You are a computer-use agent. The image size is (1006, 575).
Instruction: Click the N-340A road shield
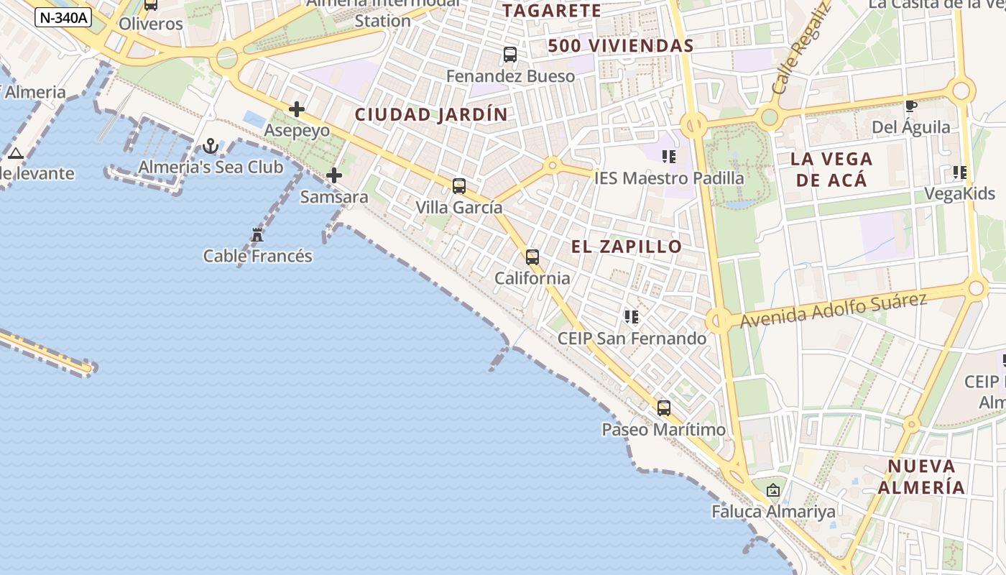63,17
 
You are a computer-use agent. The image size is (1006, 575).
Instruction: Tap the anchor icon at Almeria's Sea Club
211,147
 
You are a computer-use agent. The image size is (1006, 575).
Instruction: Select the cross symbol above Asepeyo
296,109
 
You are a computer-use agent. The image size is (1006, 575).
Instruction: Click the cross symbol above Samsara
334,175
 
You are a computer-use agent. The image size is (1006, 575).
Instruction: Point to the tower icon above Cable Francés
257,234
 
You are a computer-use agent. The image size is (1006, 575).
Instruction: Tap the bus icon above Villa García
459,186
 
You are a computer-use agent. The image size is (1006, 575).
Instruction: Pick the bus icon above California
532,257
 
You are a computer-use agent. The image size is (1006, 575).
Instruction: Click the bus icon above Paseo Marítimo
664,408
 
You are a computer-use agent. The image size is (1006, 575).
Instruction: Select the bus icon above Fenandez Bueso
510,55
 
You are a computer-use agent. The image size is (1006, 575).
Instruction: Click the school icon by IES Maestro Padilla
669,156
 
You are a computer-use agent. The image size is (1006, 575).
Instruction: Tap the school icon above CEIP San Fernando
632,317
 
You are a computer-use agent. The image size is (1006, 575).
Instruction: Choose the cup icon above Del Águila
911,106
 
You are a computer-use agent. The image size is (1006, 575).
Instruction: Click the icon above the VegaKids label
959,172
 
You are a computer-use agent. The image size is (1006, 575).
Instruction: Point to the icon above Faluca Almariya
773,491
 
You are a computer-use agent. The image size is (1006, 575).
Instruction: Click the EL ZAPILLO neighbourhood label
627,247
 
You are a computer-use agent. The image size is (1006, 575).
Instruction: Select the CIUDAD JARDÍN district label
431,114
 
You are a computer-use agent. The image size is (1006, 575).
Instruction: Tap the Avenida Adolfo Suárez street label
834,310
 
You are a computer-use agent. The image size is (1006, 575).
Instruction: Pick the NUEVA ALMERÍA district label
921,476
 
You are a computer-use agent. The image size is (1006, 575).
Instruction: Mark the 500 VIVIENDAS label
621,46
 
